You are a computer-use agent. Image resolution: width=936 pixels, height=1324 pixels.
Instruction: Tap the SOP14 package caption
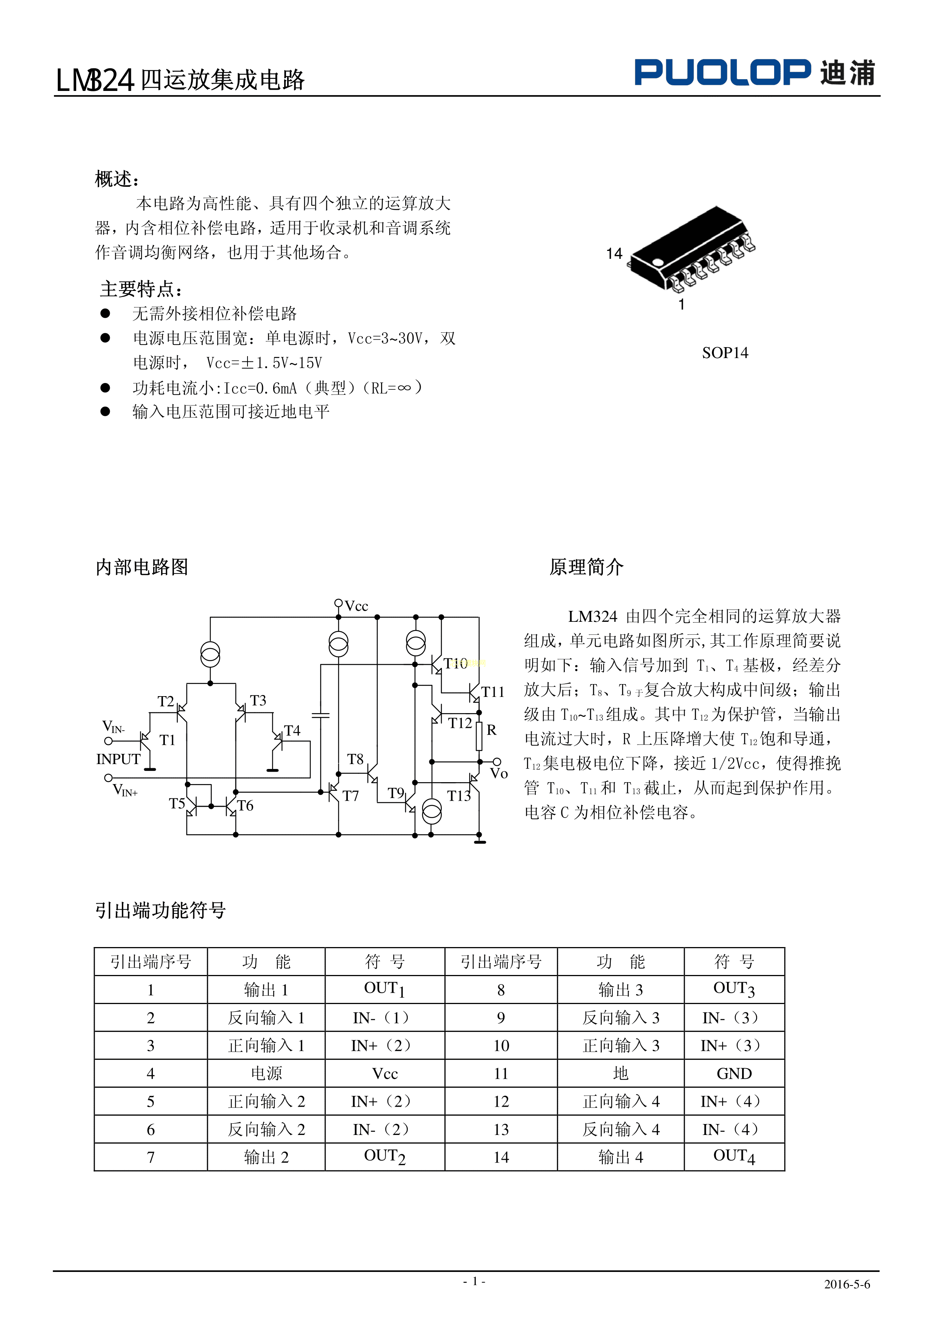click(725, 353)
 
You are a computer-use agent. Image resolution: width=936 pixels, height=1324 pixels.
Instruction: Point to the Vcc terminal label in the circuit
click(357, 606)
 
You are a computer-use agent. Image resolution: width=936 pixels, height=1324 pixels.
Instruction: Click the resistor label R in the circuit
click(491, 730)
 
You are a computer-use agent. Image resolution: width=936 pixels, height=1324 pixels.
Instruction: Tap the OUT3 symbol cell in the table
click(734, 990)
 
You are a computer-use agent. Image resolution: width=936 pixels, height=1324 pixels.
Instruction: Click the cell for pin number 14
click(501, 1157)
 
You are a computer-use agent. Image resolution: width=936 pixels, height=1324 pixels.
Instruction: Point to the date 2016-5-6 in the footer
click(847, 1284)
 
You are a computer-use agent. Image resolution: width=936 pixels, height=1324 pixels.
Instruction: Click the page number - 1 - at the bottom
click(474, 1281)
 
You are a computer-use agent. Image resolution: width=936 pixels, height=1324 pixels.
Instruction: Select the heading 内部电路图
click(142, 567)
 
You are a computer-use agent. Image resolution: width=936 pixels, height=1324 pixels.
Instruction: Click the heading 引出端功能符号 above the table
click(160, 910)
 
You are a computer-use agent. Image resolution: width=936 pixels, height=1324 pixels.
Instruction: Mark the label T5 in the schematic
click(177, 803)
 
